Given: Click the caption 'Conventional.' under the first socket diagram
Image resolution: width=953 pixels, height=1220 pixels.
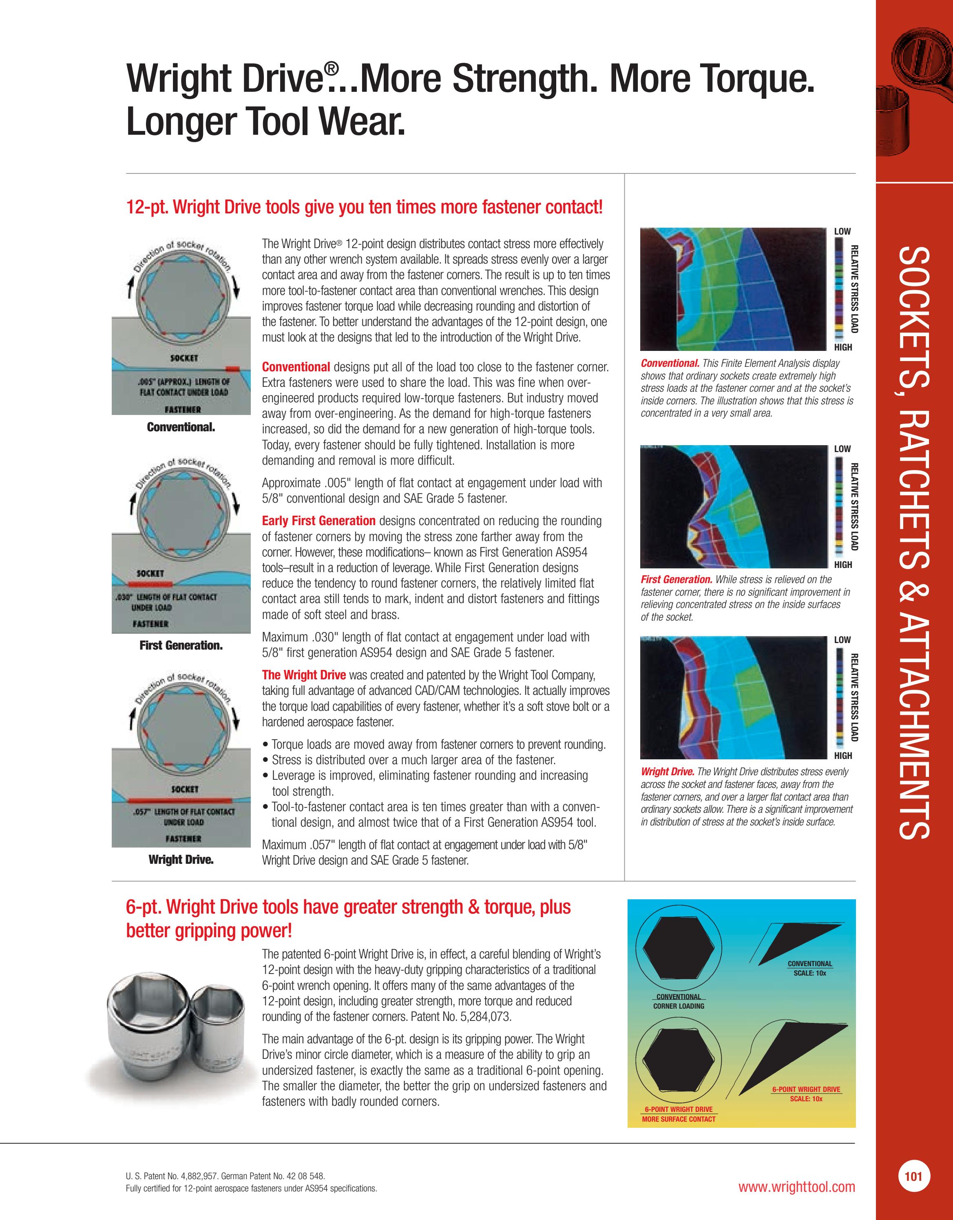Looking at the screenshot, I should [x=181, y=427].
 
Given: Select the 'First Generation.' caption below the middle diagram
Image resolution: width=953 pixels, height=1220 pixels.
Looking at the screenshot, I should [x=181, y=645].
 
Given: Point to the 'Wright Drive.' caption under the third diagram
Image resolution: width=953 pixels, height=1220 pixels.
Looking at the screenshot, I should [x=181, y=860].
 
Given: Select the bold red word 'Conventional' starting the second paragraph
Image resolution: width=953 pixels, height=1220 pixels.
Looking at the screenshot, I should [x=296, y=367].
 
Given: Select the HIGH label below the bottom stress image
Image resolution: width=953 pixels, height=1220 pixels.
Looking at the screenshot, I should [x=842, y=756].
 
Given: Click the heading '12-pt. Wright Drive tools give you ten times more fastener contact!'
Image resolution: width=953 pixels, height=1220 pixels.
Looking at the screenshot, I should [x=364, y=207].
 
